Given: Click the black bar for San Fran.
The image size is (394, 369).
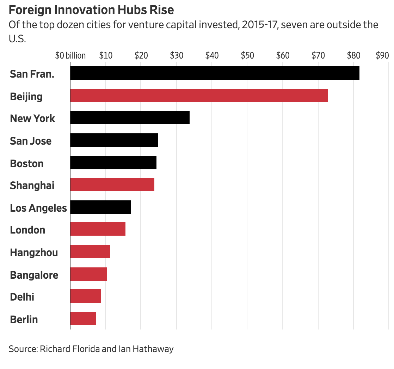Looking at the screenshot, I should pyautogui.click(x=215, y=73).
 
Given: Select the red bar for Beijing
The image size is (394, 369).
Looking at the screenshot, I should pyautogui.click(x=199, y=96).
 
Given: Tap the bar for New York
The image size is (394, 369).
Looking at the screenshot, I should pyautogui.click(x=130, y=117).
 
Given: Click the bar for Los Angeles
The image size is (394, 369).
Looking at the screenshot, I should pyautogui.click(x=100, y=207).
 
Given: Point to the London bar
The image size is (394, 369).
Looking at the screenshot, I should pyautogui.click(x=98, y=229).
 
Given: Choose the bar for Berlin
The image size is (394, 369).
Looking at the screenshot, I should pyautogui.click(x=83, y=319).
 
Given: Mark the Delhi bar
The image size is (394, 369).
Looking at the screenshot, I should pyautogui.click(x=85, y=296).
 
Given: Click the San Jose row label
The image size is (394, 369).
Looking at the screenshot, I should pyautogui.click(x=31, y=141).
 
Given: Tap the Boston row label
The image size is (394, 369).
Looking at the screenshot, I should pyautogui.click(x=27, y=163).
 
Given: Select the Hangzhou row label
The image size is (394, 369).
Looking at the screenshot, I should pyautogui.click(x=34, y=252).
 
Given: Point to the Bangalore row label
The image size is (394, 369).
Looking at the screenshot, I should pyautogui.click(x=34, y=275).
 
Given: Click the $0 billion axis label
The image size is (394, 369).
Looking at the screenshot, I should pyautogui.click(x=70, y=55).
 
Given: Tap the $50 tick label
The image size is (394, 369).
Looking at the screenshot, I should pyautogui.click(x=247, y=55).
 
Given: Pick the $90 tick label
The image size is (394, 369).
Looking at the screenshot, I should pyautogui.click(x=382, y=55).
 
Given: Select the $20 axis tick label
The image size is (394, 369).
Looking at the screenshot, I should pyautogui.click(x=141, y=55).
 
